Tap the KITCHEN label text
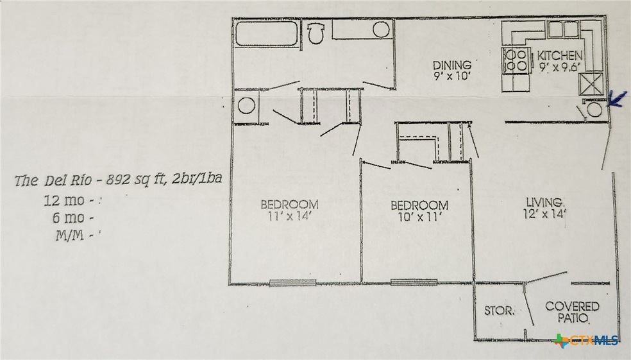(560, 55)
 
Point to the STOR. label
(498, 311)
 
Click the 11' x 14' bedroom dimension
(289, 216)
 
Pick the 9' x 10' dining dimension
(451, 76)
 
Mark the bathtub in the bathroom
(264, 33)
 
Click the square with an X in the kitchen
(589, 83)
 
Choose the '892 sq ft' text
(122, 180)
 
